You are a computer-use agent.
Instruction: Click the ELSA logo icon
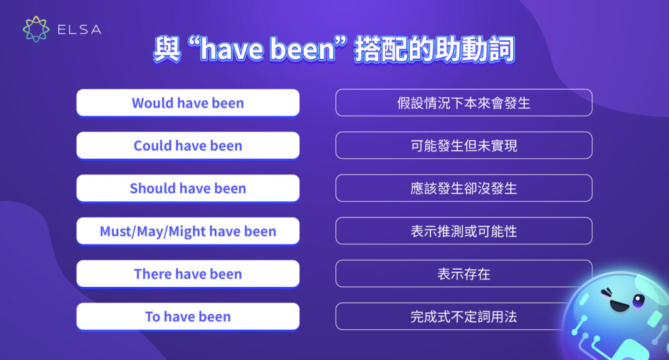click(36, 29)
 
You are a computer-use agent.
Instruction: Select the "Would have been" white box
click(188, 103)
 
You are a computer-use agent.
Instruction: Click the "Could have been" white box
click(188, 145)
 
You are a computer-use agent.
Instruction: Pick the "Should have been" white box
click(188, 188)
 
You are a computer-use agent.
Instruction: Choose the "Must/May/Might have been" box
click(188, 231)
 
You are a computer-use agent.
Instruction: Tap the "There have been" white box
click(188, 274)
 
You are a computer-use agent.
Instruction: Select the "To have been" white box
click(188, 316)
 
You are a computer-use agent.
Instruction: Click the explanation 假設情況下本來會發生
click(464, 103)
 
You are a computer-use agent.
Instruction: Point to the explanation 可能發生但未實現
click(464, 145)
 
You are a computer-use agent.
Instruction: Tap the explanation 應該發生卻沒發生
click(464, 188)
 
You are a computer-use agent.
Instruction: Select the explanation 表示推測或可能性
click(464, 231)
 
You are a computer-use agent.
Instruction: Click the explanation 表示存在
click(464, 274)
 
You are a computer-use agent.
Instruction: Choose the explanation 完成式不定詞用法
click(464, 316)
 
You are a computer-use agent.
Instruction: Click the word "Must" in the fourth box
click(115, 231)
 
